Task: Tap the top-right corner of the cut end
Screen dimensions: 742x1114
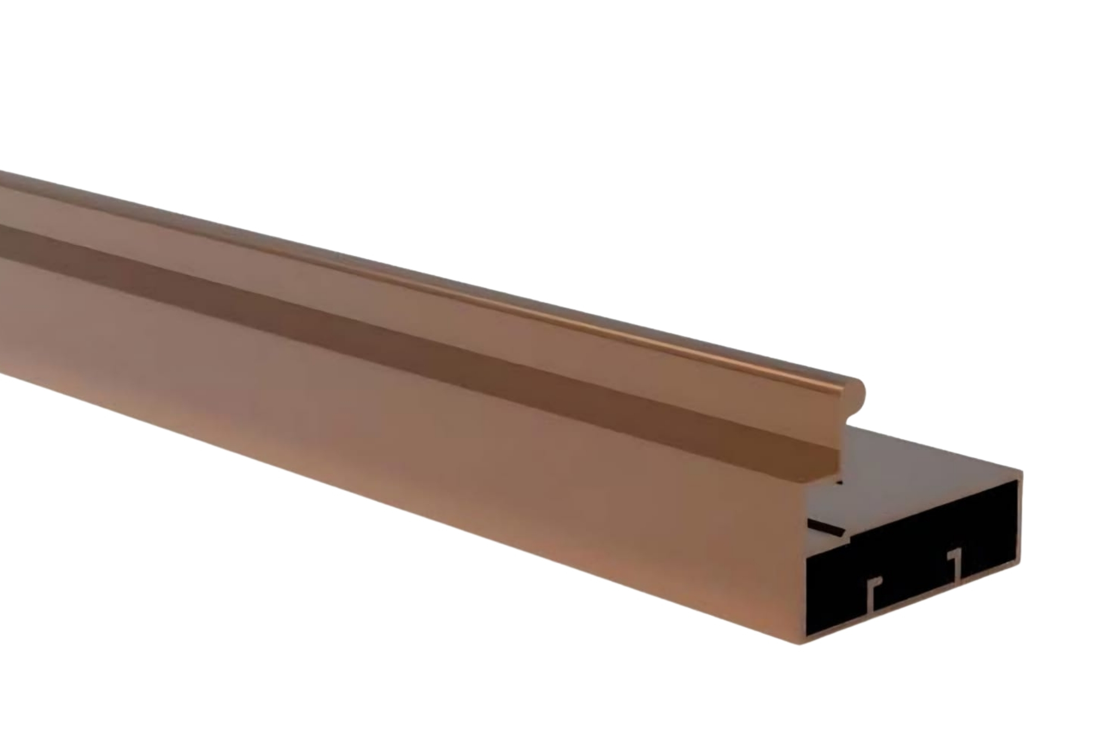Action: (1022, 472)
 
